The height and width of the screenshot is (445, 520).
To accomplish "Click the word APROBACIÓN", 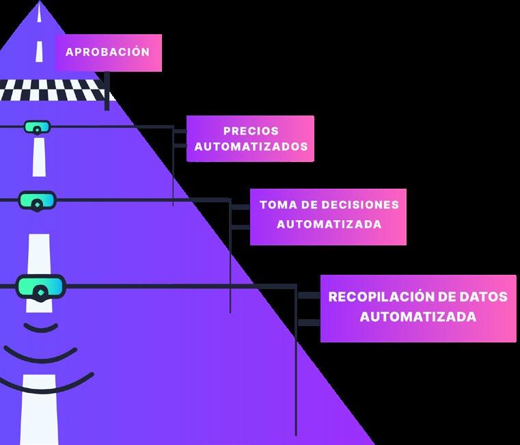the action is [107, 52].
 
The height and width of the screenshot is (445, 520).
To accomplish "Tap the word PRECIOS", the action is [251, 131].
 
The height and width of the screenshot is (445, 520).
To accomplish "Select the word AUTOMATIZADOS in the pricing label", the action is [251, 146].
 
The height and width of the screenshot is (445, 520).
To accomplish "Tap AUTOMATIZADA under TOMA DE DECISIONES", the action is [329, 224].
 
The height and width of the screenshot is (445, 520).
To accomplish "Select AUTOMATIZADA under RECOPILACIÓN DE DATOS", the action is [418, 317].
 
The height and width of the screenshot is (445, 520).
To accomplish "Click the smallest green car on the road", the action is [37, 127].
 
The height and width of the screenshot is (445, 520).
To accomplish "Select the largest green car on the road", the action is [40, 286].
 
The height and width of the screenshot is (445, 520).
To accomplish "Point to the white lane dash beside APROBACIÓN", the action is [40, 51].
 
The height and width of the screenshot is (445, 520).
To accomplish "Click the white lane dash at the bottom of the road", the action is [38, 410].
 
